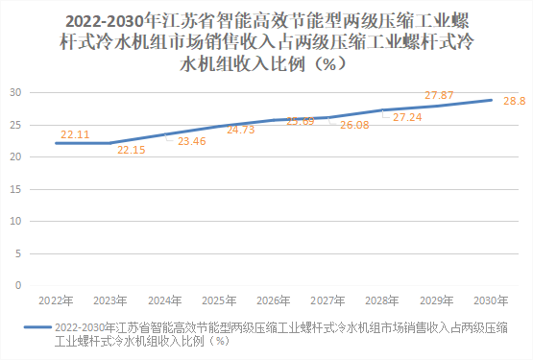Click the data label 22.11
coord(75,134)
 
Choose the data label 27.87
coord(439,95)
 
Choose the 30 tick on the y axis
coord(16,92)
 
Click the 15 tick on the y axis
coord(16,189)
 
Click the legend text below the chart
coord(279,333)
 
